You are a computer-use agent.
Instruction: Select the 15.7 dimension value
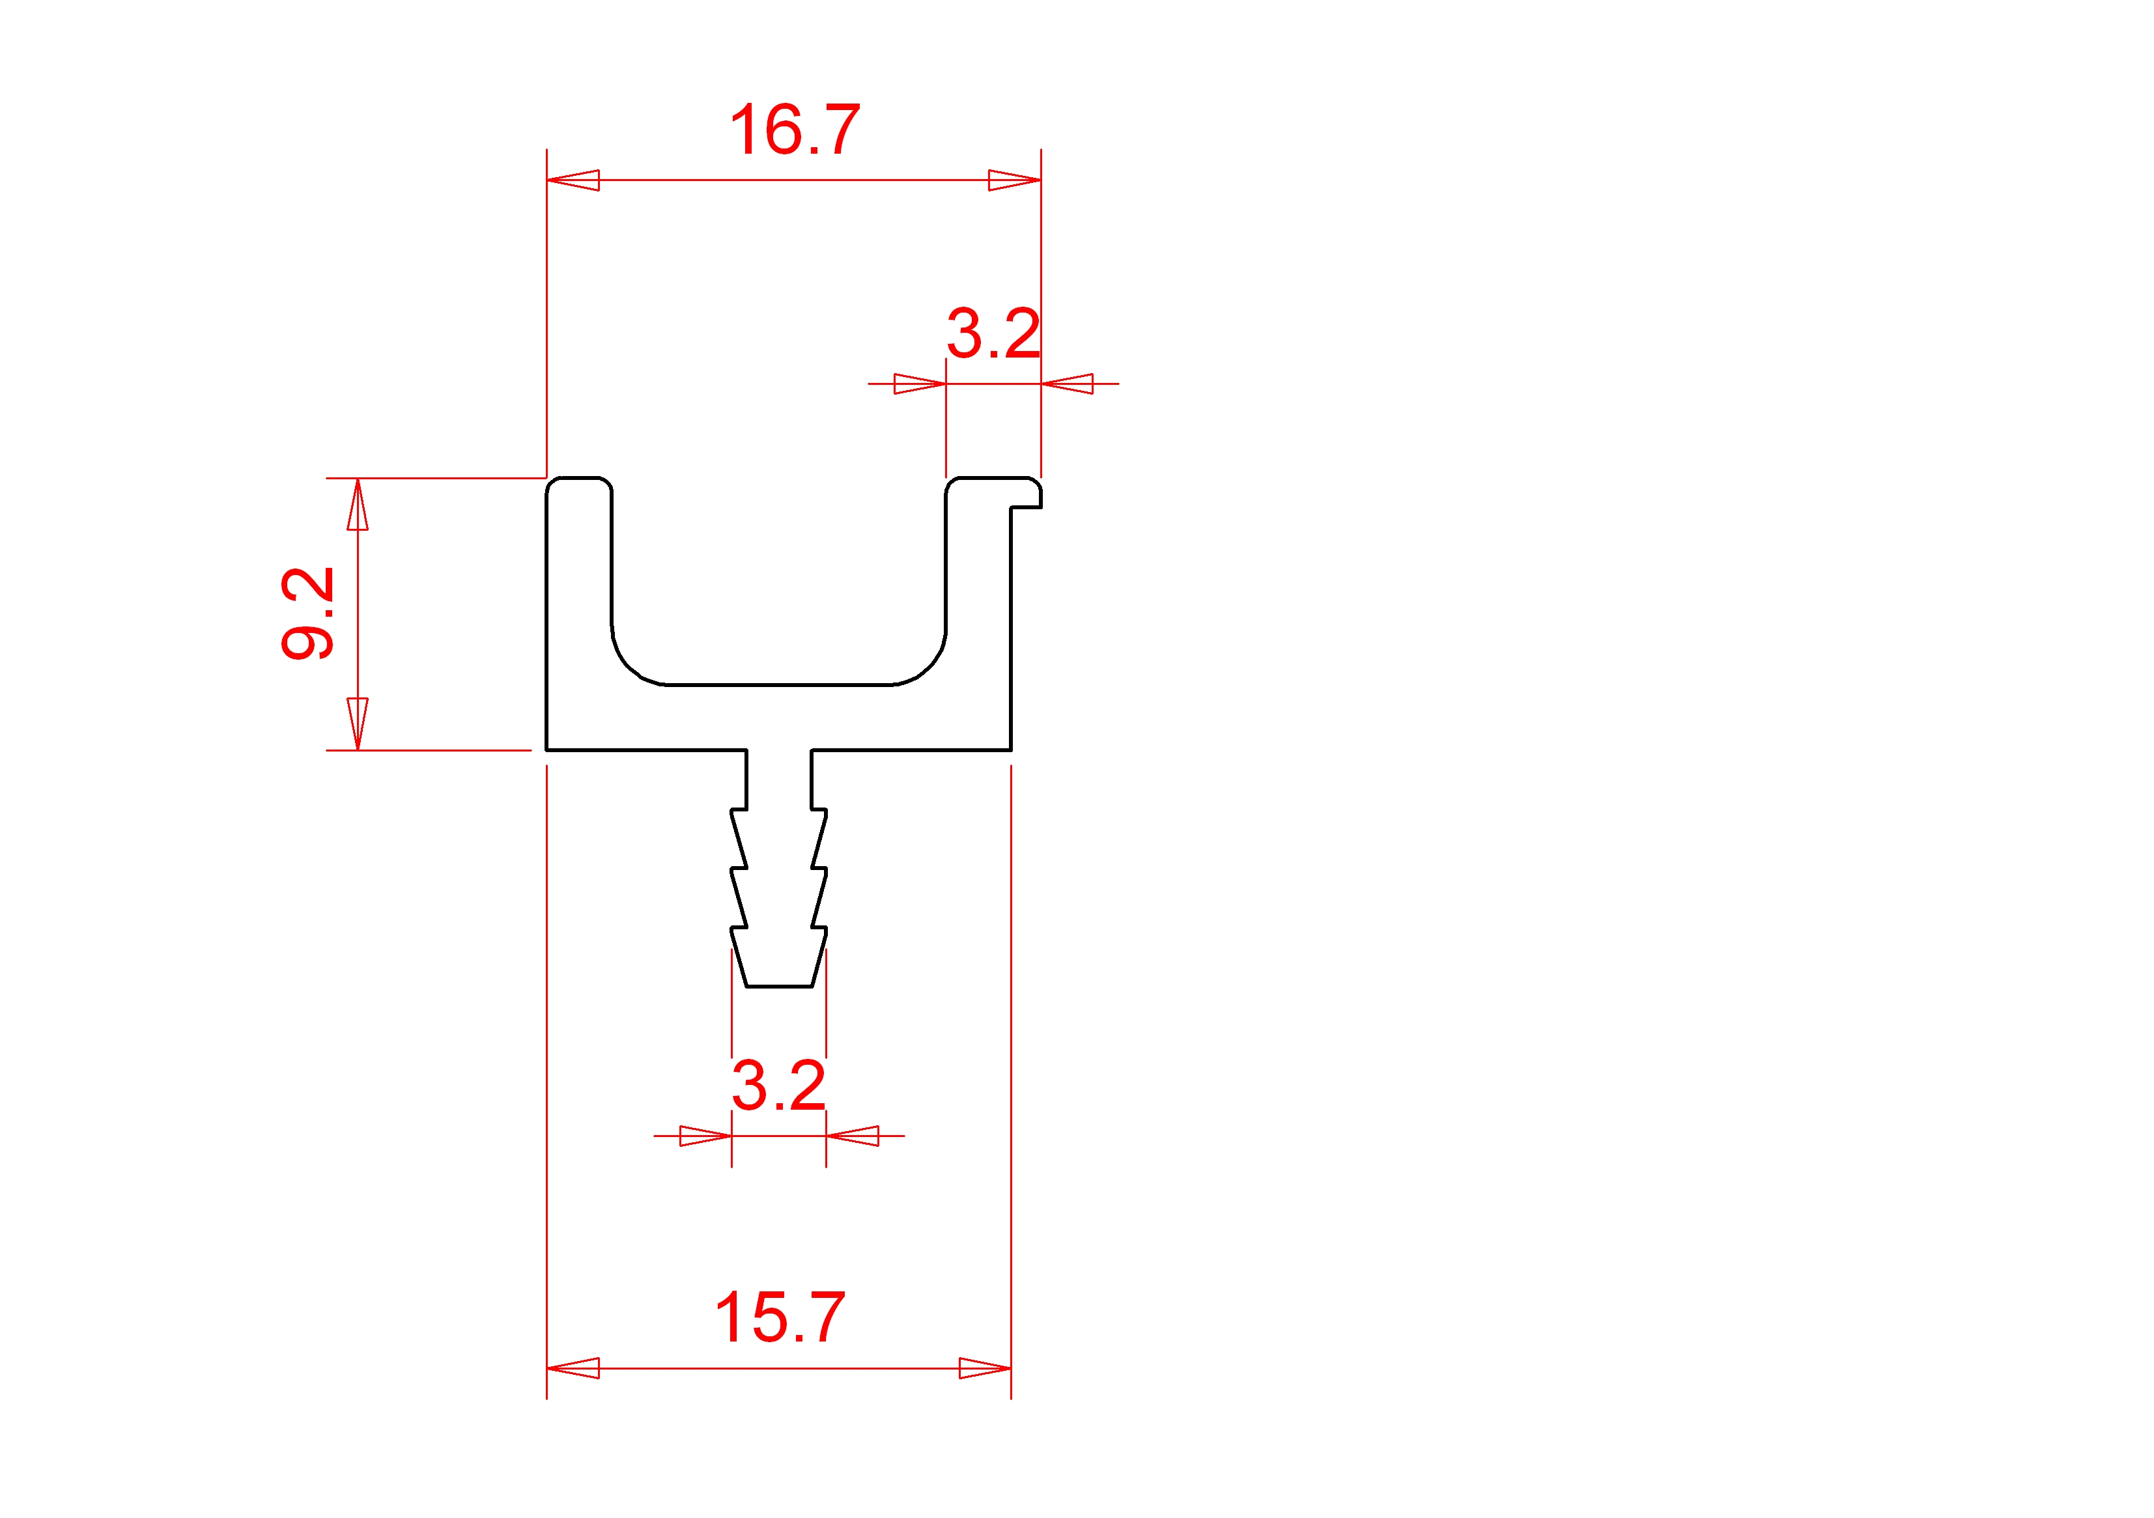click(x=780, y=1317)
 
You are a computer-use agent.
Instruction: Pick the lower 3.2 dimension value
click(x=778, y=1086)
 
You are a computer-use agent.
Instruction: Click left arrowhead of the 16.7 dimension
click(x=573, y=180)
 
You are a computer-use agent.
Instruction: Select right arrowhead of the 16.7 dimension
click(x=1015, y=180)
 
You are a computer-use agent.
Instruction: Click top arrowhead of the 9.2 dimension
click(x=358, y=504)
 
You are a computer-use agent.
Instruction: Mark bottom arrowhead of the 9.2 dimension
click(x=358, y=724)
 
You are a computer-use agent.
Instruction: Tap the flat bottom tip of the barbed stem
click(x=778, y=986)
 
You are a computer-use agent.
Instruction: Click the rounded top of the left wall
click(x=579, y=479)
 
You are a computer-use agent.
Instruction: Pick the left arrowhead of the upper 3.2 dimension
click(x=920, y=384)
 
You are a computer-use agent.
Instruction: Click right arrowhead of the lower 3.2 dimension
click(x=852, y=1136)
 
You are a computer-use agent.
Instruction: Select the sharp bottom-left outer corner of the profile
click(x=547, y=750)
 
